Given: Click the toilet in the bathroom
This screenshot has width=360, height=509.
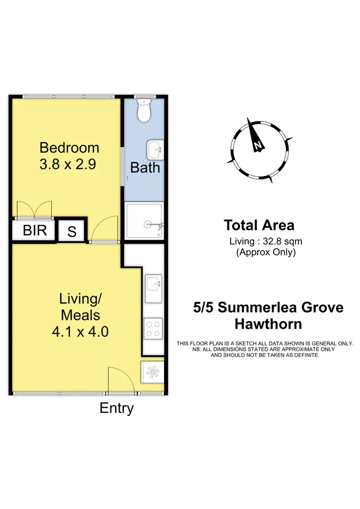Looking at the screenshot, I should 144,111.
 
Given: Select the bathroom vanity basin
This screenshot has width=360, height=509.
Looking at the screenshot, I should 155,149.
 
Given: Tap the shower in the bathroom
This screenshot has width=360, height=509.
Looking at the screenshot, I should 144,220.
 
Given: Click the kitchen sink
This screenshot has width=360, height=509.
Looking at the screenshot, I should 154,289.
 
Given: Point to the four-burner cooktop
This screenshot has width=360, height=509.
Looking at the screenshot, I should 153,329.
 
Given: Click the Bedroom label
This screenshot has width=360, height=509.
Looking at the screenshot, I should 69,147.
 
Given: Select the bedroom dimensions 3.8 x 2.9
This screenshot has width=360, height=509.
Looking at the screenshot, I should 69,164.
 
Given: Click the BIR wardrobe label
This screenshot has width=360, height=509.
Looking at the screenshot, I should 35,230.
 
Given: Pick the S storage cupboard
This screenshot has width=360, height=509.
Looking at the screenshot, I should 72,231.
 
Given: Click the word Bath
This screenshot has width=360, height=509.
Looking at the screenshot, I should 145,168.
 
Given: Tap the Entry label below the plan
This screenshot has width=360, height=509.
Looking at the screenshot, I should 117,408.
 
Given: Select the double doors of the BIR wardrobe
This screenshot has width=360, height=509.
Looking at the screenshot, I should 34,209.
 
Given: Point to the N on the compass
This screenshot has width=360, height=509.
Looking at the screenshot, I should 258,145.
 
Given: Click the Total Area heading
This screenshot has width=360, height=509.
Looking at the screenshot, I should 259,225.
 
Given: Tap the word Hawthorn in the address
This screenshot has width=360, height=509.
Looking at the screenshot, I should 268,324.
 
